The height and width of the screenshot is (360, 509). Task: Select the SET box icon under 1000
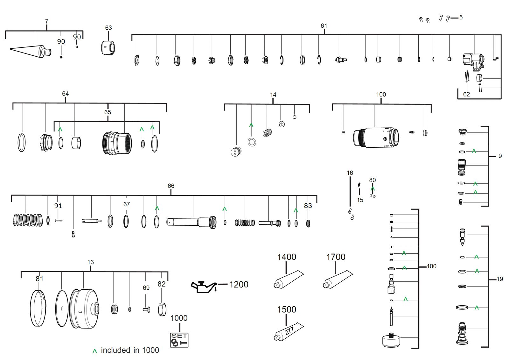pos(179,340)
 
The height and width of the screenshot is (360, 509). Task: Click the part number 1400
pos(287,257)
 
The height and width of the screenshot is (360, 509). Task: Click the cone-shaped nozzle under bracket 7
pos(31,51)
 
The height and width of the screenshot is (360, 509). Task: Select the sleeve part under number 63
pos(108,48)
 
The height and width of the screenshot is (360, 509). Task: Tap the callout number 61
pos(324,26)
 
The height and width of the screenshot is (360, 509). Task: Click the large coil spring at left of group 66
pos(28,220)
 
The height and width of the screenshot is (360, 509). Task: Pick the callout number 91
pos(58,206)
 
